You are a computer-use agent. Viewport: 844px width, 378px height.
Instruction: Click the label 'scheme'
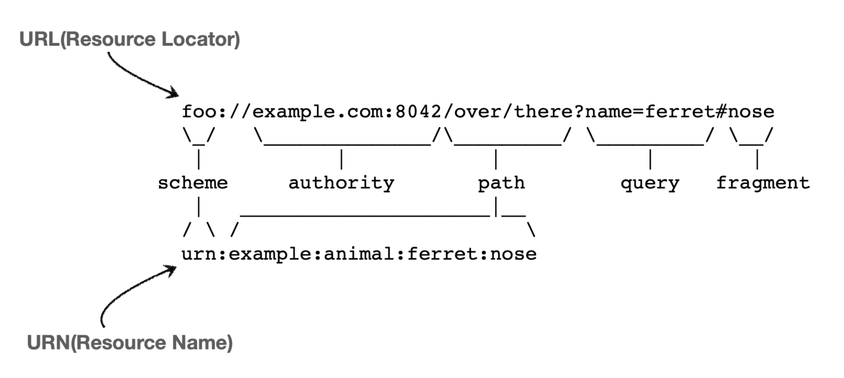pyautogui.click(x=193, y=183)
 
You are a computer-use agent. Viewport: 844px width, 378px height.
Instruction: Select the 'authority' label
pyautogui.click(x=341, y=183)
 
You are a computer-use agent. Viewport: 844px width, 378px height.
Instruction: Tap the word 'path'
pyautogui.click(x=501, y=183)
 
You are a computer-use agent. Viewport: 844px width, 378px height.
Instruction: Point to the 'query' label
pyautogui.click(x=650, y=183)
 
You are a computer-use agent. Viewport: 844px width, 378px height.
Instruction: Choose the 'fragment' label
pyautogui.click(x=763, y=183)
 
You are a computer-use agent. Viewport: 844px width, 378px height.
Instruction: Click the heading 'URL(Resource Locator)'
pyautogui.click(x=130, y=39)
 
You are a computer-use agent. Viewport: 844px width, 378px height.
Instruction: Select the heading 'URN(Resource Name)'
pyautogui.click(x=130, y=342)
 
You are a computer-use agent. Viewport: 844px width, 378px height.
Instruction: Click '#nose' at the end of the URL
pyautogui.click(x=745, y=111)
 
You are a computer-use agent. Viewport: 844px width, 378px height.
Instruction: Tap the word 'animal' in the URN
pyautogui.click(x=359, y=254)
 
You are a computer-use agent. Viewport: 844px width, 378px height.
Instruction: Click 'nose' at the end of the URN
pyautogui.click(x=513, y=254)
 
